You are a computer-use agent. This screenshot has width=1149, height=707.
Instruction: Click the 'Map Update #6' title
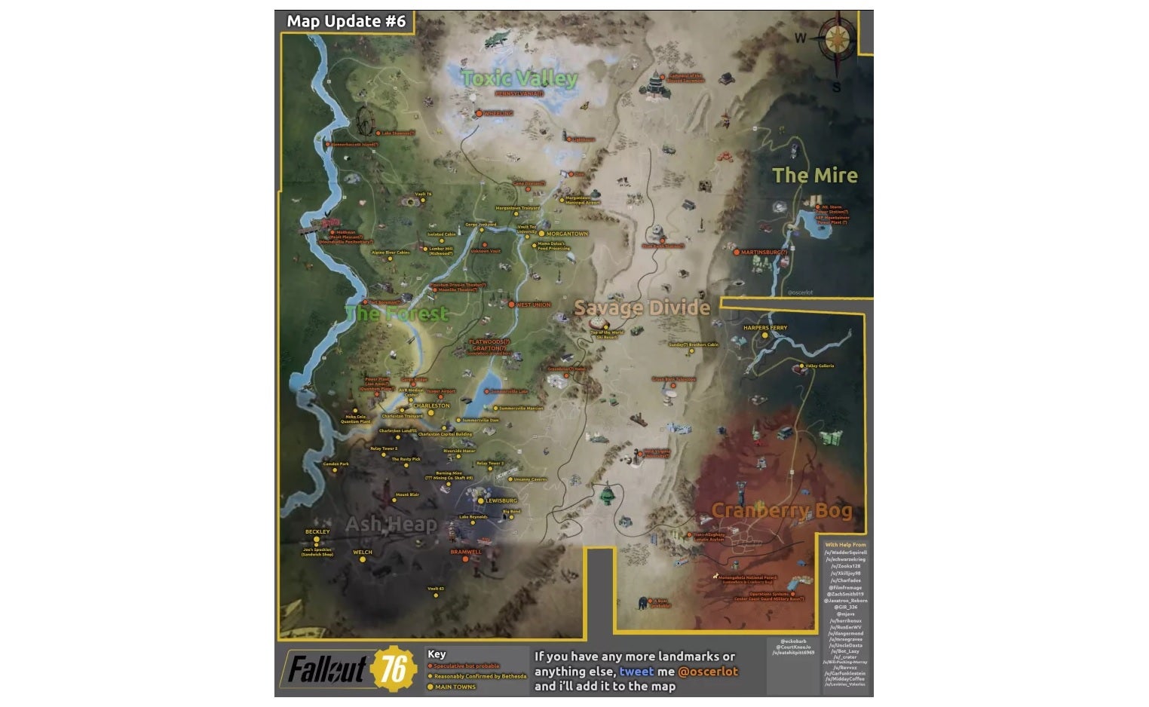[x=346, y=21]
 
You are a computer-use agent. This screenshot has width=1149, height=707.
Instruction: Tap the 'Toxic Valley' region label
[x=519, y=78]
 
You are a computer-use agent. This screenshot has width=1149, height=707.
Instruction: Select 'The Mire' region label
[x=815, y=176]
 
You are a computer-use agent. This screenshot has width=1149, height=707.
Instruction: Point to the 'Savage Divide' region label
[x=642, y=308]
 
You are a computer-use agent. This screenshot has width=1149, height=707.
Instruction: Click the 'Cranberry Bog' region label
[x=782, y=510]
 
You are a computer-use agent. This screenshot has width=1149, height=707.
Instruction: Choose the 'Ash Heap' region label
[x=391, y=525]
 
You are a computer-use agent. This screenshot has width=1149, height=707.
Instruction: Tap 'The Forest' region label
[x=397, y=314]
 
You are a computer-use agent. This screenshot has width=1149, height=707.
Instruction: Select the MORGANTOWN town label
[x=567, y=234]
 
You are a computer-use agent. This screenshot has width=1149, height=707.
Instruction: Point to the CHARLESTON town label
[x=431, y=406]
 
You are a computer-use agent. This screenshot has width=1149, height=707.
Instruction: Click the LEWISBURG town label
[x=501, y=500]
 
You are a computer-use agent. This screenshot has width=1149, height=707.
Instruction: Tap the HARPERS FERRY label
[x=764, y=328]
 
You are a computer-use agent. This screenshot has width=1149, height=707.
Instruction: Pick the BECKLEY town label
[x=317, y=531]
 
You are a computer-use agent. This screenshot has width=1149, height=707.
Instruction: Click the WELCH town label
[x=363, y=552]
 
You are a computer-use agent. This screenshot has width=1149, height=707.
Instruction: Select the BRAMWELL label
[x=466, y=552]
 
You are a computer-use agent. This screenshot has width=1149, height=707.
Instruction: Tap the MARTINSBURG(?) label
[x=764, y=252]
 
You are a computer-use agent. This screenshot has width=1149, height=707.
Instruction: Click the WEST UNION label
[x=533, y=305]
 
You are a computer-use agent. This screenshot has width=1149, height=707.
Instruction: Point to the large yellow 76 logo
[x=394, y=668]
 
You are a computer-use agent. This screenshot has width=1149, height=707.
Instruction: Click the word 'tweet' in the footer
[x=636, y=672]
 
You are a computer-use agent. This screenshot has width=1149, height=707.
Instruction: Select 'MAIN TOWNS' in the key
[x=455, y=687]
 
